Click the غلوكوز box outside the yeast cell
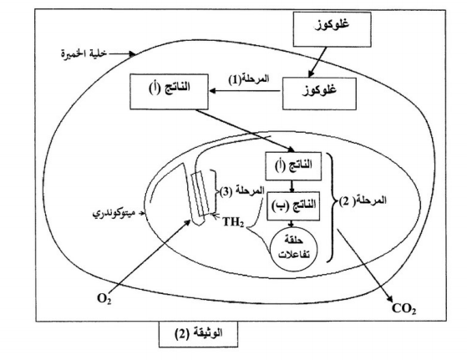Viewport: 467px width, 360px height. (x=332, y=29)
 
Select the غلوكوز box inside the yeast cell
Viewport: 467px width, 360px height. (x=319, y=94)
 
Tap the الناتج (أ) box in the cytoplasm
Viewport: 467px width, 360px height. (x=169, y=91)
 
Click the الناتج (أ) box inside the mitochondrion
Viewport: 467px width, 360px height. (x=293, y=166)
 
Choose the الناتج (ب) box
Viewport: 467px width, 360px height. (x=293, y=205)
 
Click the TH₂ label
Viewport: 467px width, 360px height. (x=234, y=222)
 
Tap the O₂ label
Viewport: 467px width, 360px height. (x=104, y=299)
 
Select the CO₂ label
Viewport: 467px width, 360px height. (x=404, y=308)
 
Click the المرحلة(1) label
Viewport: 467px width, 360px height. (x=249, y=79)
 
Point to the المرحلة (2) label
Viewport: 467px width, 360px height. (x=363, y=201)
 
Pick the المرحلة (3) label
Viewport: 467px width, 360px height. (x=241, y=191)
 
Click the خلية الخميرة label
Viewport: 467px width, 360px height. (x=84, y=53)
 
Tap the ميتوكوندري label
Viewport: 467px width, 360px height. (x=114, y=214)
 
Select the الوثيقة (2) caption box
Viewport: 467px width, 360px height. (x=198, y=334)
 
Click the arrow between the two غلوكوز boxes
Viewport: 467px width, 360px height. (x=317, y=63)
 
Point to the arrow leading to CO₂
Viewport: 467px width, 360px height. (x=364, y=266)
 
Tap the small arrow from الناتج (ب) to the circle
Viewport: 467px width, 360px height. (x=292, y=224)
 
